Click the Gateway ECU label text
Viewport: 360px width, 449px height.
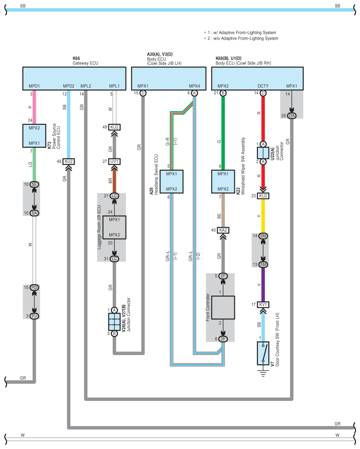(x=85, y=63)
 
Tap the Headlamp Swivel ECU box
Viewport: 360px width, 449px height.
(x=171, y=181)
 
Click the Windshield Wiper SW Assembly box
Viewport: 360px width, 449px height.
(x=223, y=181)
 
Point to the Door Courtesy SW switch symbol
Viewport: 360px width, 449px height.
(x=263, y=353)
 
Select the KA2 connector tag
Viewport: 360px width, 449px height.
(x=223, y=230)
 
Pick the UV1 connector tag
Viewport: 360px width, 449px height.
(x=115, y=161)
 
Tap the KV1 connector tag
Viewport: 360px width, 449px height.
(x=263, y=304)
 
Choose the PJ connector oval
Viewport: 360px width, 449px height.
(x=35, y=315)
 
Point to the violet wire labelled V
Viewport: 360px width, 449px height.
(x=263, y=284)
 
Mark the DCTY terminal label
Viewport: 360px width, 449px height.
(x=263, y=86)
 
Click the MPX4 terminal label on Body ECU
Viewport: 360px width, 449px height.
(x=194, y=86)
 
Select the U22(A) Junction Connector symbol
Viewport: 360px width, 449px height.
(x=263, y=153)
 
